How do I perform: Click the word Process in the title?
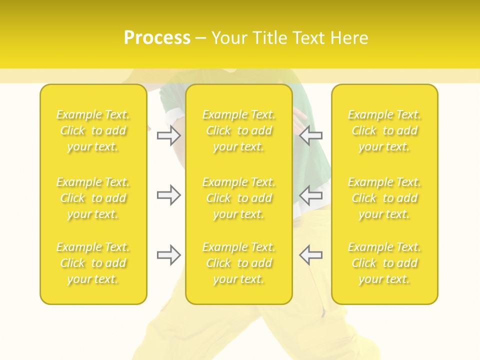pyautogui.click(x=157, y=38)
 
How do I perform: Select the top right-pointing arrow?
pyautogui.click(x=169, y=135)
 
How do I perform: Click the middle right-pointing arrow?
pyautogui.click(x=169, y=195)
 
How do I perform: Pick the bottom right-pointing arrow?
pyautogui.click(x=169, y=255)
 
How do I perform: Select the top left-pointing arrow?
pyautogui.click(x=310, y=135)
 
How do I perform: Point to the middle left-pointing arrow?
pyautogui.click(x=310, y=195)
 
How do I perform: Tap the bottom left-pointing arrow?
pyautogui.click(x=310, y=255)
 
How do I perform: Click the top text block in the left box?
pyautogui.click(x=93, y=131)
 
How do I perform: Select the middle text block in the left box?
pyautogui.click(x=93, y=198)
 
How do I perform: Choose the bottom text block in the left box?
pyautogui.click(x=93, y=263)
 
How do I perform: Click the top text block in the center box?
pyautogui.click(x=238, y=131)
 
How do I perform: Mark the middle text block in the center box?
pyautogui.click(x=238, y=198)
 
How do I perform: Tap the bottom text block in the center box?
pyautogui.click(x=238, y=263)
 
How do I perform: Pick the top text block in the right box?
pyautogui.click(x=384, y=131)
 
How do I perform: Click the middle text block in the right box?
pyautogui.click(x=384, y=198)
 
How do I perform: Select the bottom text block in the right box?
pyautogui.click(x=384, y=263)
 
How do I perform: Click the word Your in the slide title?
pyautogui.click(x=229, y=38)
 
